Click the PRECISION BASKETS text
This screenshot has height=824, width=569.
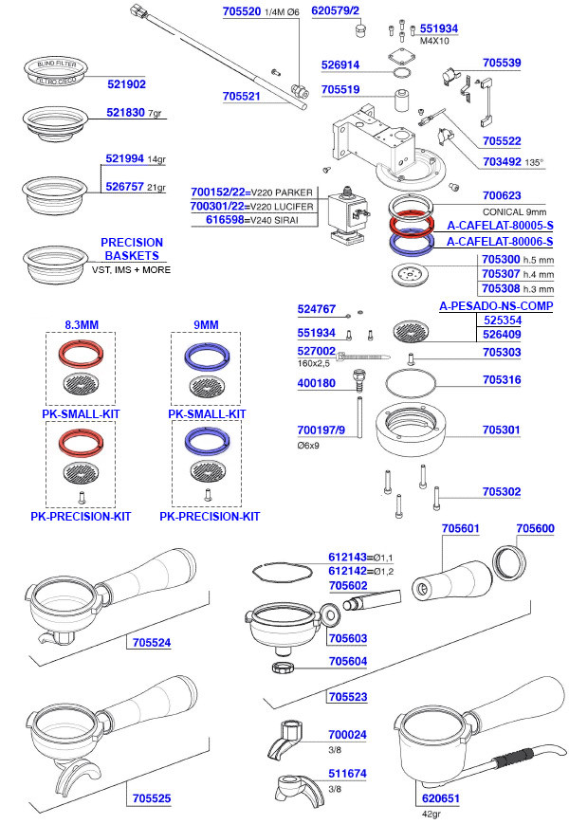click(x=132, y=249)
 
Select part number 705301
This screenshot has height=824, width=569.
click(x=501, y=429)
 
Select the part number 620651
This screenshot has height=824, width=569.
click(x=441, y=799)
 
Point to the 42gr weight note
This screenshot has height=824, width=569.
click(x=431, y=813)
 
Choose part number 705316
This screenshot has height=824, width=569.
click(x=501, y=379)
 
